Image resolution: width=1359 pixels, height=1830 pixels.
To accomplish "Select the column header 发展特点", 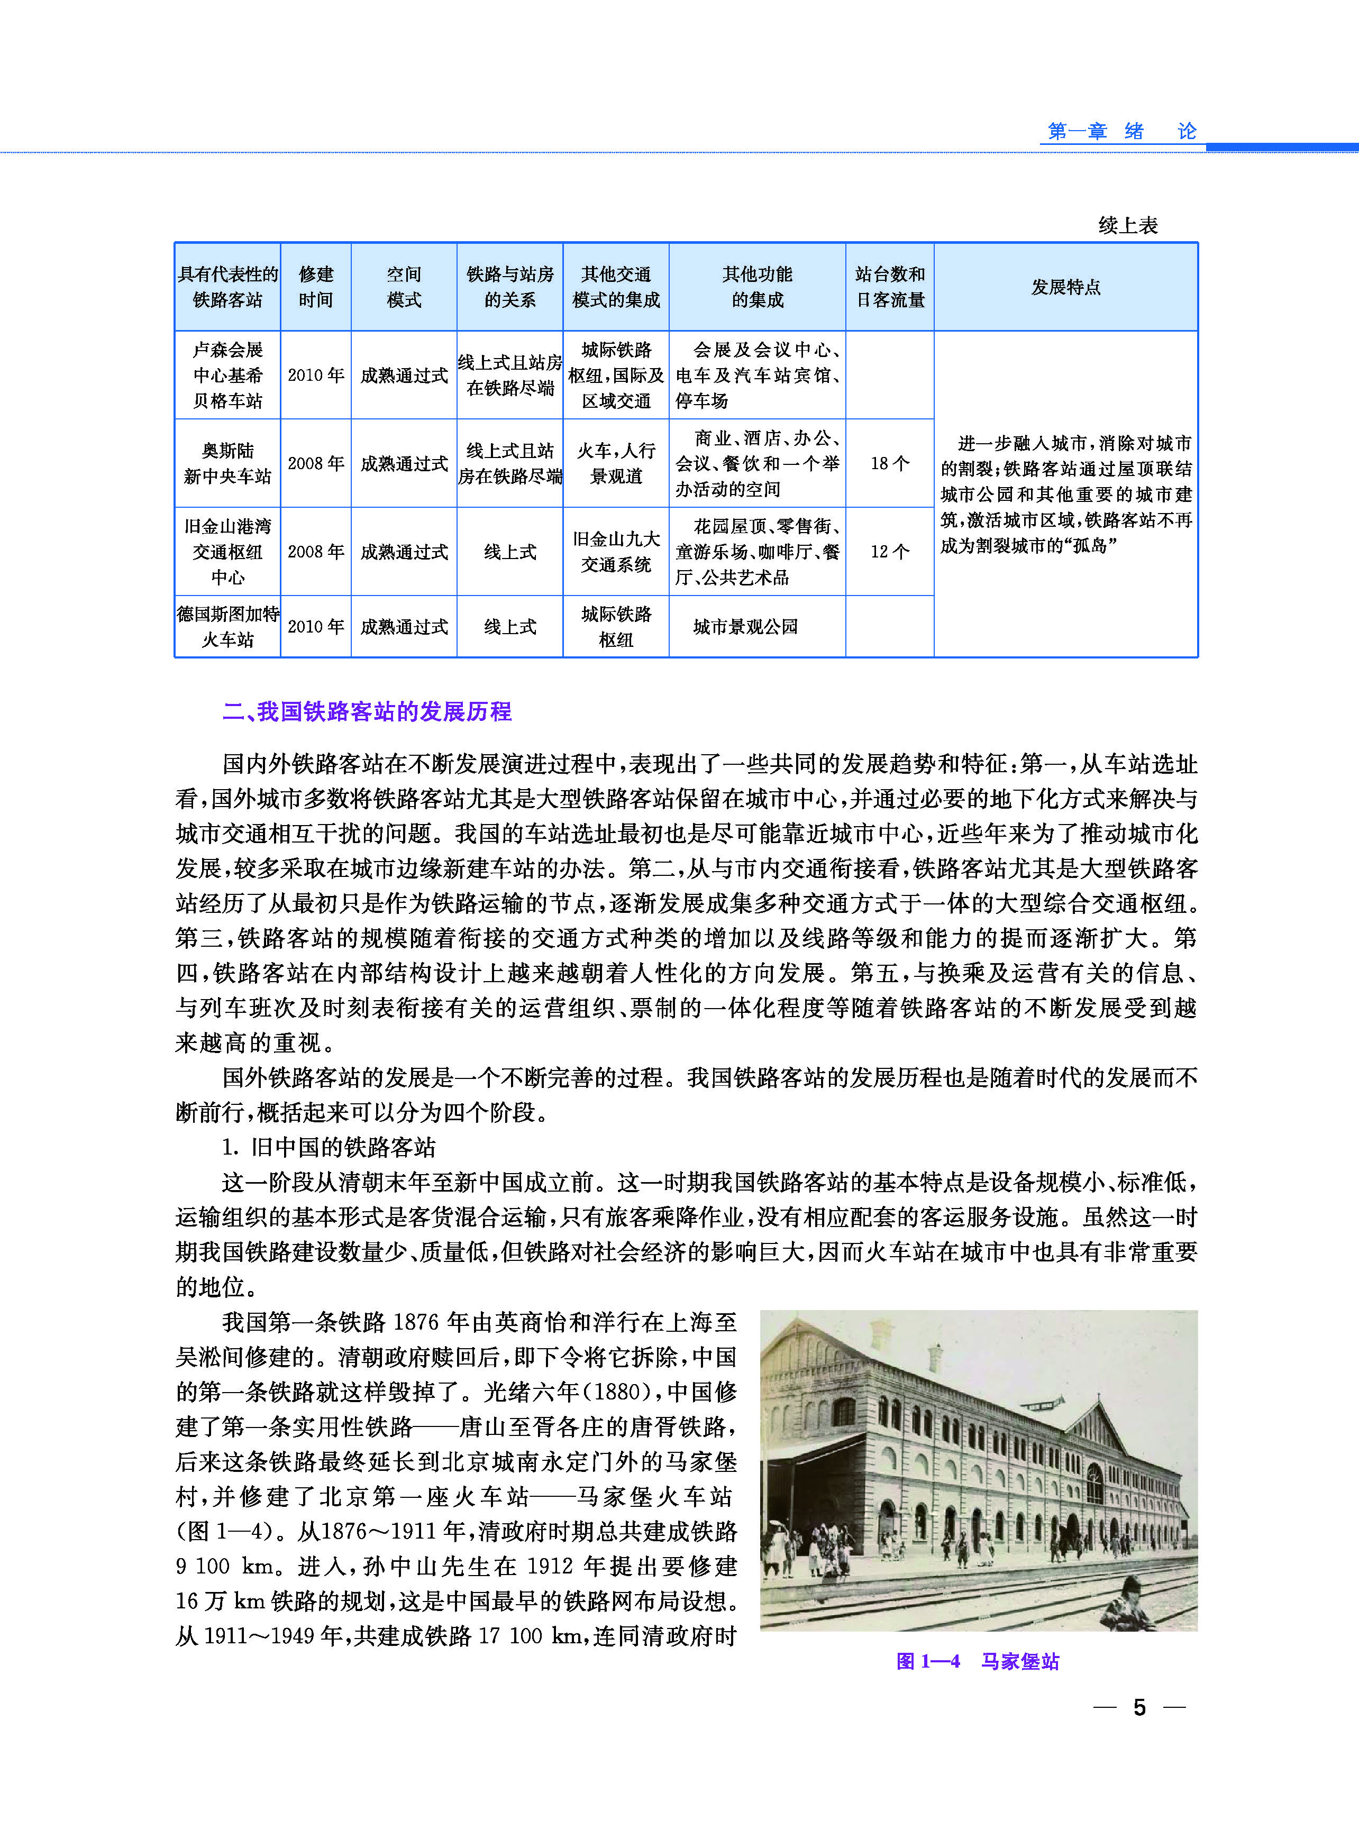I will pos(1065,287).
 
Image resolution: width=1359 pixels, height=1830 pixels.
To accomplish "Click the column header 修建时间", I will pos(316,287).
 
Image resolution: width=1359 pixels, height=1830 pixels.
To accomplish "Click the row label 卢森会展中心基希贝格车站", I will pos(228,375).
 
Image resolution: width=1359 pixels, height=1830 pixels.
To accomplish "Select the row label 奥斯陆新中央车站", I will pos(228,463).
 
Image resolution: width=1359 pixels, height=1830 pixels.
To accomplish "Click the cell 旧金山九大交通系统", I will pos(616,551).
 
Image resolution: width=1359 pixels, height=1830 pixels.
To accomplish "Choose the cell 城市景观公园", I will pos(745,627).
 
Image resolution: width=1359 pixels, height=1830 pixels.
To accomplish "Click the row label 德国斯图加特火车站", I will pos(228,627).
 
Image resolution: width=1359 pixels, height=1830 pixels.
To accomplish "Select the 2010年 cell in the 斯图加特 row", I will pos(316,627).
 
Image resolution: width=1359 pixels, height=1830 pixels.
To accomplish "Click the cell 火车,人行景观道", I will pos(616,463).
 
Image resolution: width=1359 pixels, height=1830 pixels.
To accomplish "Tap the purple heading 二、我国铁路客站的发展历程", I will pos(367,711).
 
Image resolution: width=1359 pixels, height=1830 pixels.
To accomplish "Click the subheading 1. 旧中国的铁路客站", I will pos(329,1147).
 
